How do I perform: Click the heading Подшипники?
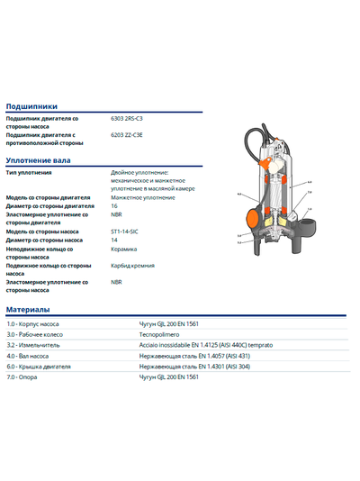31,105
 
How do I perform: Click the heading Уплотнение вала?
38,160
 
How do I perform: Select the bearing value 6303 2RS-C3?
129,118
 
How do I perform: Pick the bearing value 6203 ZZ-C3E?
127,134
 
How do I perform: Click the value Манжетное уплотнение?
143,197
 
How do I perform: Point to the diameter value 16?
114,206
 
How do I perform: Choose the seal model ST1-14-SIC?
125,231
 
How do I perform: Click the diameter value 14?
114,240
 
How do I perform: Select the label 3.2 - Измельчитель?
33,344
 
